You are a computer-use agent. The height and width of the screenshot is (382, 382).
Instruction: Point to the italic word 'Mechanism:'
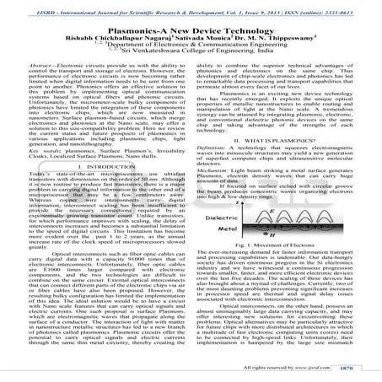tap(217, 169)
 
